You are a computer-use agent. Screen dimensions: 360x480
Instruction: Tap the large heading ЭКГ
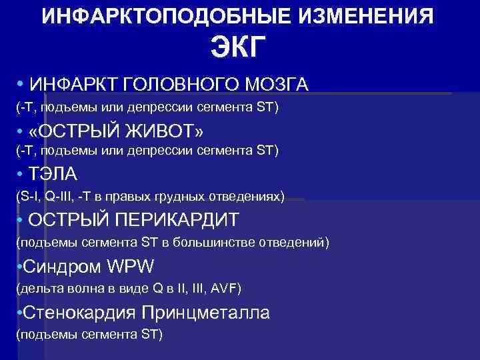tap(239, 47)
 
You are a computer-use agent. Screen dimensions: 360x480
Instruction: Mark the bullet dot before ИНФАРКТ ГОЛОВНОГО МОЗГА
tap(21, 83)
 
